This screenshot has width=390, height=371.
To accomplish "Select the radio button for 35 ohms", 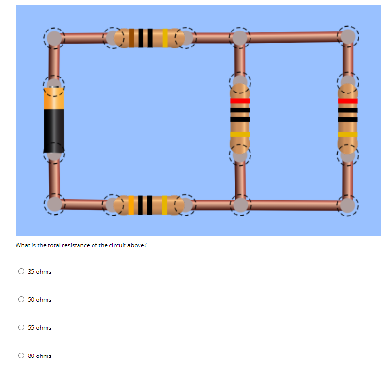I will (x=21, y=272).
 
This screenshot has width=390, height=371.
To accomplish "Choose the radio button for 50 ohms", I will (x=21, y=300).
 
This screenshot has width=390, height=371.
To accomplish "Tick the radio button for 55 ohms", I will (x=21, y=328).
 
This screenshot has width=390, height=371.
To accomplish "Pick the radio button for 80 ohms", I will (x=21, y=356).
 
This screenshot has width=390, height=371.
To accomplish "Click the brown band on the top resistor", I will (x=131, y=38).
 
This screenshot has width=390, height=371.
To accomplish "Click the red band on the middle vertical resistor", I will (x=240, y=101).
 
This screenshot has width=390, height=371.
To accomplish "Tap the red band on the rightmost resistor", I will (x=347, y=101).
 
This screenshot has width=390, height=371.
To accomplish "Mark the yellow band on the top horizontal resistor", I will (x=165, y=38).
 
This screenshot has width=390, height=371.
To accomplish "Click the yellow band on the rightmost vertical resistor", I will (x=347, y=134).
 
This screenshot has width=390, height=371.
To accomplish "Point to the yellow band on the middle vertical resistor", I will (x=240, y=134).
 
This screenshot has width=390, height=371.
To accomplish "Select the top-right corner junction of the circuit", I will (x=347, y=36).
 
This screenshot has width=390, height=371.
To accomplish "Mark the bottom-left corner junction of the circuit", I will (x=55, y=204).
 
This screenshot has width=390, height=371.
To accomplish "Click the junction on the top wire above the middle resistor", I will (x=240, y=37).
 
